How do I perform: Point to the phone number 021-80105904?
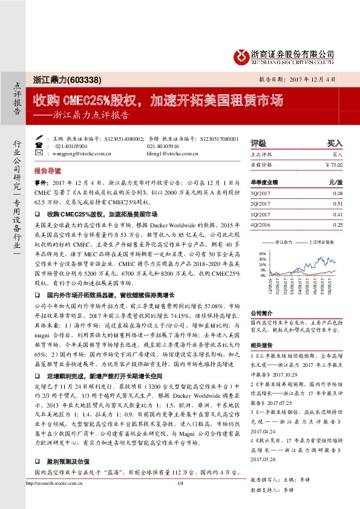(x=71, y=146)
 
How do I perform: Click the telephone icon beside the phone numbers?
(x=40, y=146)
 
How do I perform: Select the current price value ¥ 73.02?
(x=331, y=164)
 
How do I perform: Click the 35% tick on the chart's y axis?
(x=261, y=253)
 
